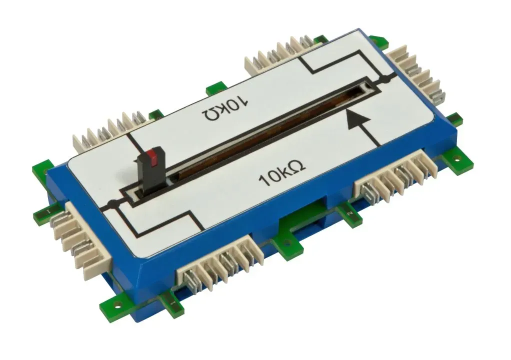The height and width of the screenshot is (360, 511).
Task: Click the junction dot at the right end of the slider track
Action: tap(386, 78)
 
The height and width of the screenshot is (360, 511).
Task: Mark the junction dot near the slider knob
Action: tap(112, 204)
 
